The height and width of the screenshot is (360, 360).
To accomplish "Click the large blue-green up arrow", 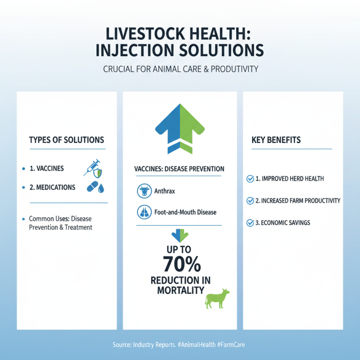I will click(180, 128).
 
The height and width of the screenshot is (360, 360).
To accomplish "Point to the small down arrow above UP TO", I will click(180, 235).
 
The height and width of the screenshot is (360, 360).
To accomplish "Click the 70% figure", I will click(180, 263).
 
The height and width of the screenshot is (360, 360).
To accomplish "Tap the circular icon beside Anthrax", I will click(143, 191).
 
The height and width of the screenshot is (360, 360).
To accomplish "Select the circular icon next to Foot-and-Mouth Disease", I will click(143, 211).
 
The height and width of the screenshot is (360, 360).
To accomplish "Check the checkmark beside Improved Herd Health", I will click(250, 179).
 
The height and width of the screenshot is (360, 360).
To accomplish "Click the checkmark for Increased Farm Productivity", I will click(250, 201).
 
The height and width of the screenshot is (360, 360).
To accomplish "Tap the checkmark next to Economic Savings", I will click(250, 222).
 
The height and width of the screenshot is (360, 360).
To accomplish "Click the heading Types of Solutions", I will click(67, 140).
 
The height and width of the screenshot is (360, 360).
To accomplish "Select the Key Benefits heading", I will click(276, 140).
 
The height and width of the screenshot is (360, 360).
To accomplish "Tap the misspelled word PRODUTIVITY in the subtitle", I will click(230, 70).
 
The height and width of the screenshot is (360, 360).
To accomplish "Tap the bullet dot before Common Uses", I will click(23, 219).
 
